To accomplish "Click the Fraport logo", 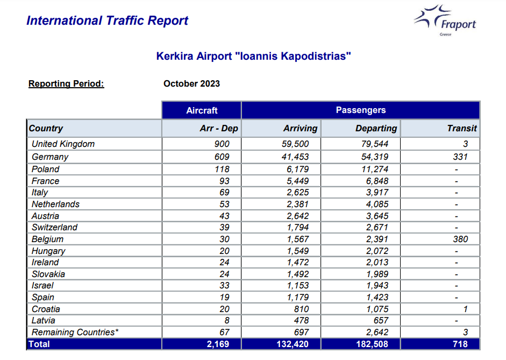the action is [x=445, y=20].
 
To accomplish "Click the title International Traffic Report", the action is [x=107, y=20].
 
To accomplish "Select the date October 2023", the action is [x=191, y=83].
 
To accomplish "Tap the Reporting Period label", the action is [x=66, y=83].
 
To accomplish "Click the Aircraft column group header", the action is [x=202, y=110].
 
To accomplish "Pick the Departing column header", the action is [x=376, y=129].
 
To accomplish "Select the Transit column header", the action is [x=462, y=129].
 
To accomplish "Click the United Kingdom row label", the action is [x=63, y=144].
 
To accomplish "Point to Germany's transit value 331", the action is [x=460, y=157].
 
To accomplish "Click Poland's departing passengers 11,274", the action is [x=375, y=169].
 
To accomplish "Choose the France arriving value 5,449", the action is [x=297, y=181].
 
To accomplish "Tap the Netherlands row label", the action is [x=55, y=204].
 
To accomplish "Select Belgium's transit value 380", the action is [x=460, y=239].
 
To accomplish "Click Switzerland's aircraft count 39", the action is [x=224, y=228].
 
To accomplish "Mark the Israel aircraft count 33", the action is [x=224, y=286].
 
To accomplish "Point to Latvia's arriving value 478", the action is [x=301, y=321].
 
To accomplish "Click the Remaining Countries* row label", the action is [x=75, y=332].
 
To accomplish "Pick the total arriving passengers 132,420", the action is [x=293, y=344].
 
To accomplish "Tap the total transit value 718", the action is [x=460, y=344].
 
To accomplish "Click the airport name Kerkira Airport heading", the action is [x=253, y=56].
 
